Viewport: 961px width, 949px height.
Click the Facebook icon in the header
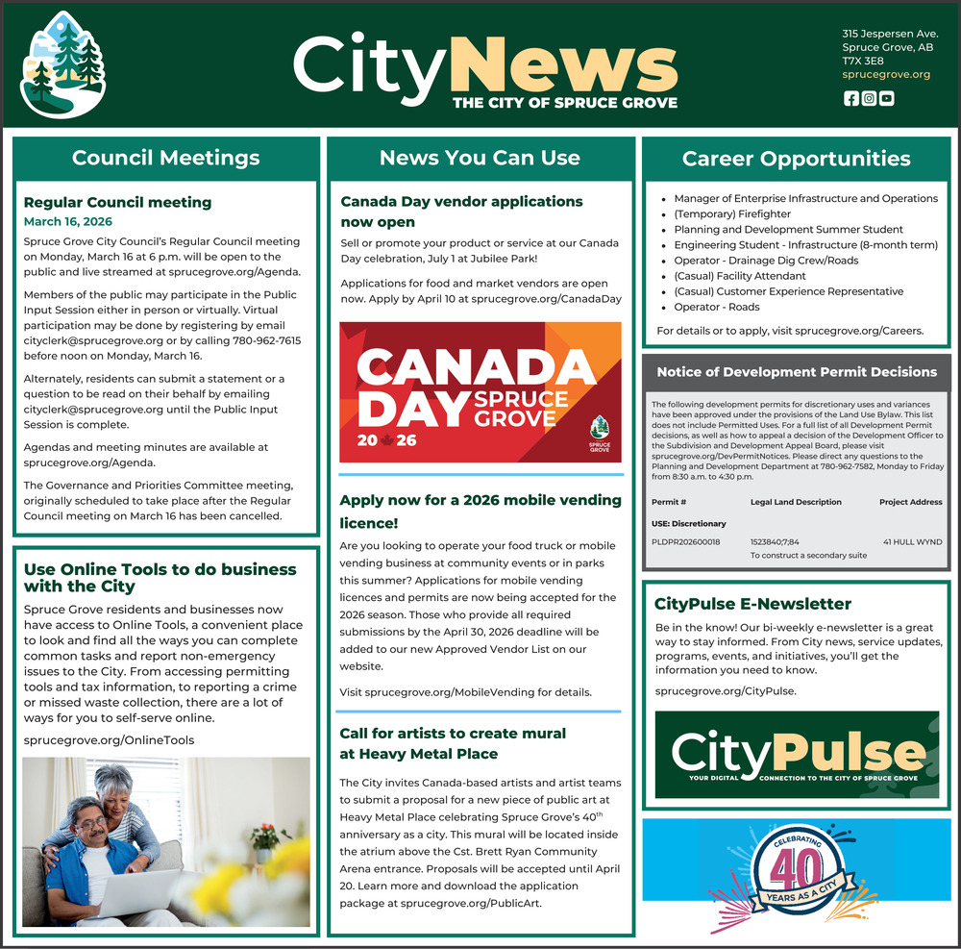click(850, 98)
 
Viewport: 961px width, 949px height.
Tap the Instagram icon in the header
click(869, 98)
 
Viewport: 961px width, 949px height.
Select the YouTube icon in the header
click(886, 98)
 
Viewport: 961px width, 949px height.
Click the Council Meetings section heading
click(165, 158)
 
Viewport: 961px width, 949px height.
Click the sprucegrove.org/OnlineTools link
click(109, 740)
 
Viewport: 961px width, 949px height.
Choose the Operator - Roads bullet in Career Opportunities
click(716, 307)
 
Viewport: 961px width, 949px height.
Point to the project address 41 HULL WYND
click(913, 542)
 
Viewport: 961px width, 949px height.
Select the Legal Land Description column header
click(796, 502)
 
